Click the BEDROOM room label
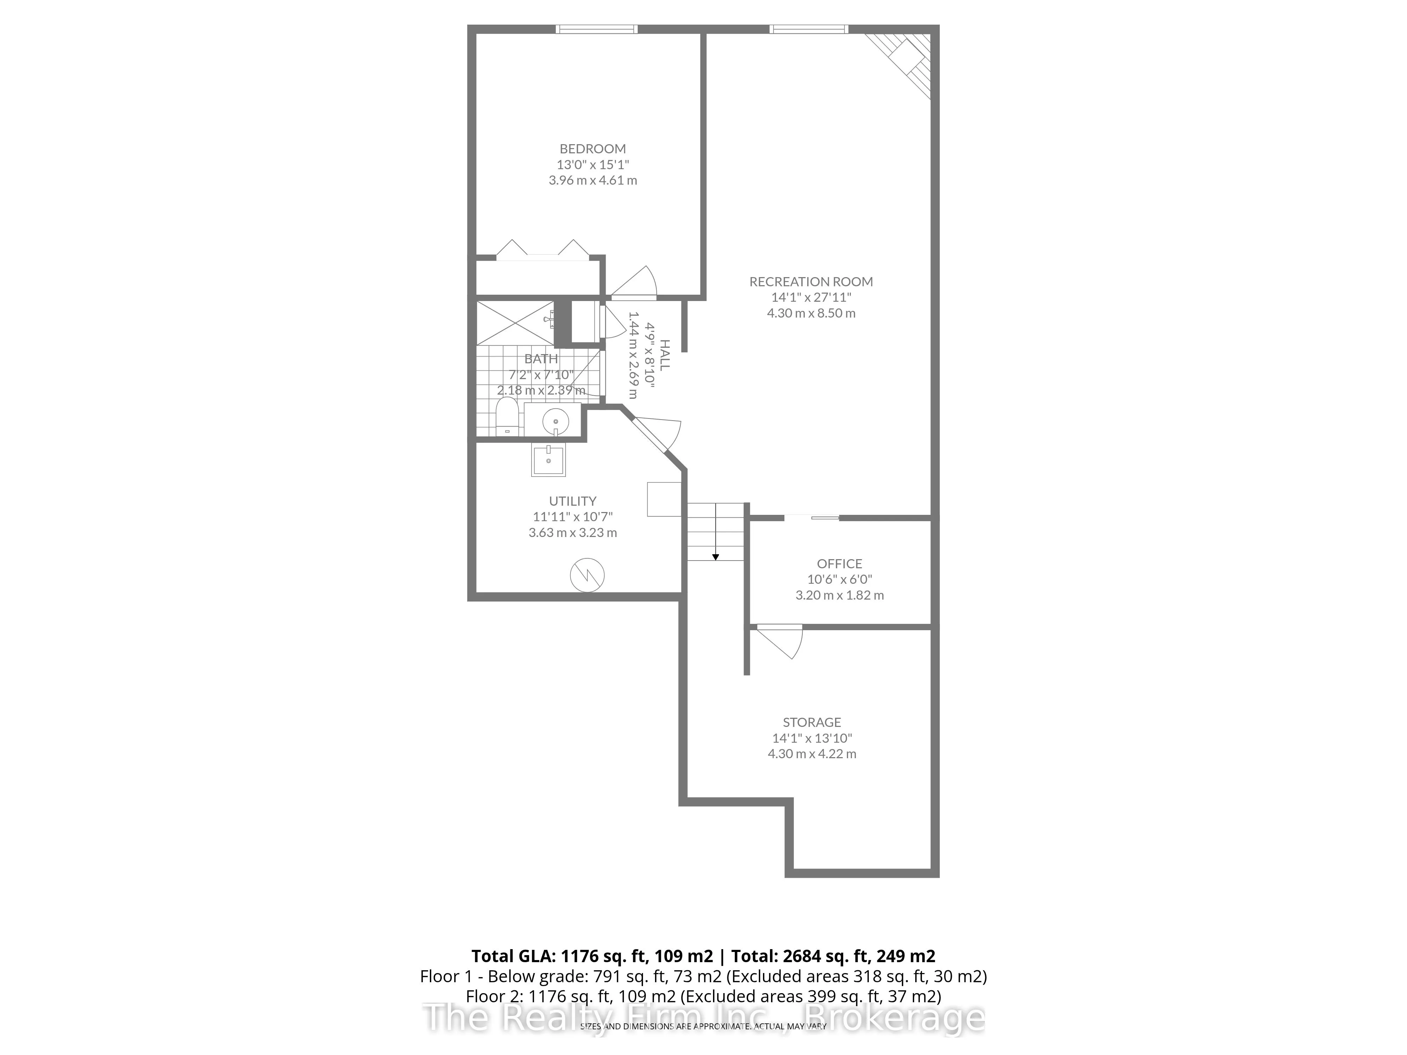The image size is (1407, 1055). tap(592, 149)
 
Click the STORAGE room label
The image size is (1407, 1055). tap(811, 722)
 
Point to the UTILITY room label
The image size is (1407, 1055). tap(572, 501)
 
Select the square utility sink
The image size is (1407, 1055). tap(548, 459)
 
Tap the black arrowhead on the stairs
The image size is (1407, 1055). tap(715, 557)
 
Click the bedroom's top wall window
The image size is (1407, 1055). tap(596, 28)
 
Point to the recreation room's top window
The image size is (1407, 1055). tap(808, 28)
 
